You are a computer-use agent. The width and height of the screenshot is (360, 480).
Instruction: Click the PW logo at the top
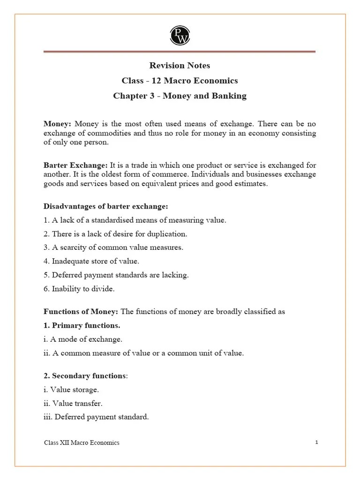point(180,36)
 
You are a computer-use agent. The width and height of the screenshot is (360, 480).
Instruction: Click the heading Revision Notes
point(180,65)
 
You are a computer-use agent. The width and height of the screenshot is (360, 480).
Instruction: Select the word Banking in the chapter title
point(229,96)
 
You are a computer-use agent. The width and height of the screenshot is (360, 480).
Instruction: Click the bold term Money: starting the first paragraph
point(57,124)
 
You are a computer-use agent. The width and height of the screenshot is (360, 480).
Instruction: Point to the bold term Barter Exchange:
point(75,165)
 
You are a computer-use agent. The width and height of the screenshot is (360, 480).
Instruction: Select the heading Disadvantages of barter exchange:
point(105,206)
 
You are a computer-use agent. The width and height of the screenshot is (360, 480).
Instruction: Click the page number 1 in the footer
point(317,442)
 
